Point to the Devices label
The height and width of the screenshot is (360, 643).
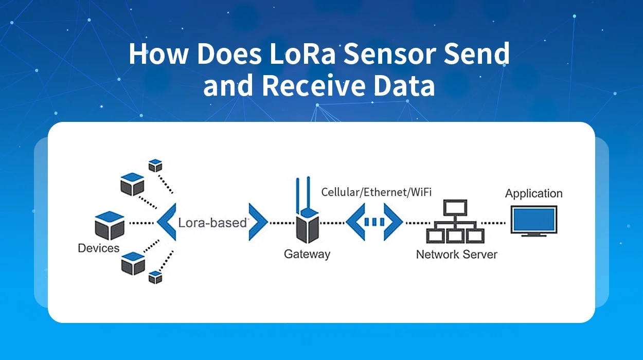pos(98,248)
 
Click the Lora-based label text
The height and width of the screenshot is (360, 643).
pos(212,223)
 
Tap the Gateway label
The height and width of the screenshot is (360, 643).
pos(307,254)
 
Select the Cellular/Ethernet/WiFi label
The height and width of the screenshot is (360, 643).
pos(376,192)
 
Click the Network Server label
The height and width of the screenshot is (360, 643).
pos(456,254)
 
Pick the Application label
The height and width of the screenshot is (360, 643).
pos(533,194)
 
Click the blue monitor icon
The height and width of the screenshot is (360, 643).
pos(533,221)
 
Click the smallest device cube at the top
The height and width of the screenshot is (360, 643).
pos(155,165)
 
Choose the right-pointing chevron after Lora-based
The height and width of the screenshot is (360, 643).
pos(258,222)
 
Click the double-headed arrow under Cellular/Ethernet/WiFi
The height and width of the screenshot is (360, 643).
pos(374,222)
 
